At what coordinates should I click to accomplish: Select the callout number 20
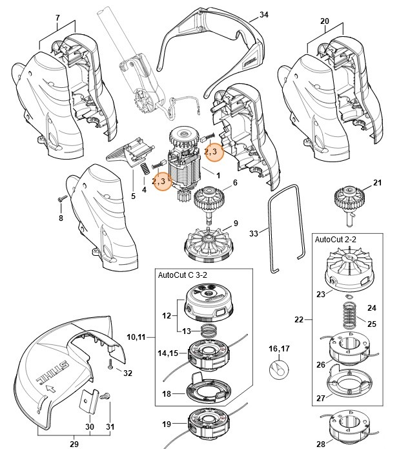pyautogui.click(x=324, y=21)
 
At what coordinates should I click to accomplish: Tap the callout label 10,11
pyautogui.click(x=137, y=337)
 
